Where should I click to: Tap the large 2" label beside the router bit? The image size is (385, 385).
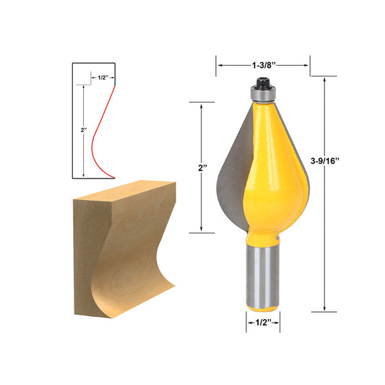[x=203, y=168]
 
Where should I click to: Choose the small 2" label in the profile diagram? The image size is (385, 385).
[x=85, y=130]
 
